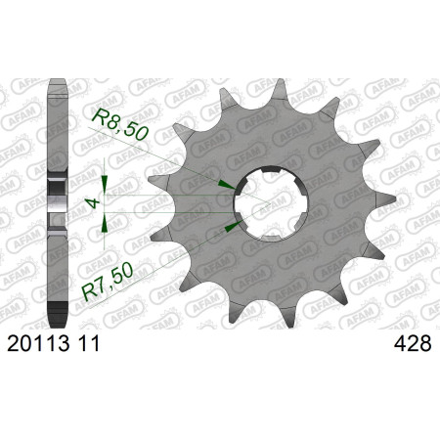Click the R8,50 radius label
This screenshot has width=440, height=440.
click(120, 124)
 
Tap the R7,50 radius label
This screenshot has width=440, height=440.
click(108, 282)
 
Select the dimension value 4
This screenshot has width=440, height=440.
click(94, 203)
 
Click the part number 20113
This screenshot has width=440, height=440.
click(38, 343)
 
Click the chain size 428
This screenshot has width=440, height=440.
click(413, 343)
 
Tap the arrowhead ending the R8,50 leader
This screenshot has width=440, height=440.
click(228, 185)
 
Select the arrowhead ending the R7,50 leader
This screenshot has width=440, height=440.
click(234, 226)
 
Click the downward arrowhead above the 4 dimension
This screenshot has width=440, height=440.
click(105, 185)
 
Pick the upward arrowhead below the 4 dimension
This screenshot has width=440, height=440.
click(105, 223)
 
